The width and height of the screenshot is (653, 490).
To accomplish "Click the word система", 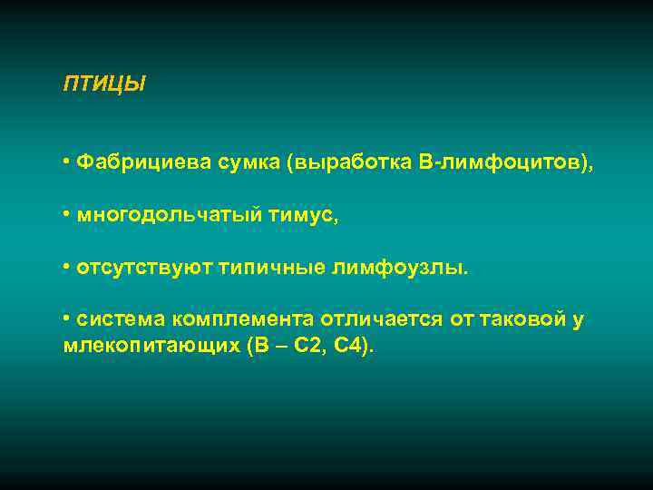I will coord(121,319).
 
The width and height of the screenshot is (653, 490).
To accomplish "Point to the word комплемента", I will coord(243,319).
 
